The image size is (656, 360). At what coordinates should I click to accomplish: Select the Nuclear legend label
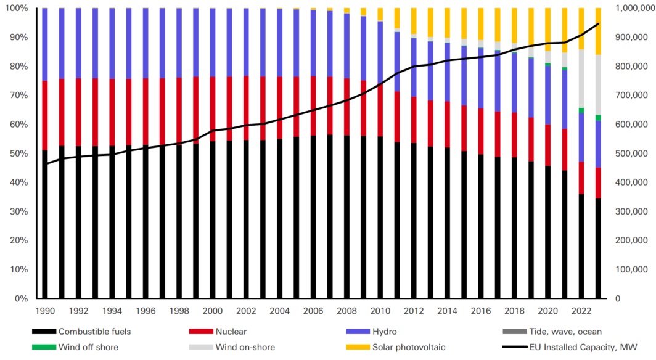pyautogui.click(x=231, y=332)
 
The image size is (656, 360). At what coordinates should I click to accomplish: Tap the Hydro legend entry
pyautogui.click(x=385, y=332)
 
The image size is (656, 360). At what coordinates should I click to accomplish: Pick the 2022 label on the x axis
pyautogui.click(x=581, y=311)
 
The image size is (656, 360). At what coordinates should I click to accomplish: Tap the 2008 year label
pyautogui.click(x=346, y=311)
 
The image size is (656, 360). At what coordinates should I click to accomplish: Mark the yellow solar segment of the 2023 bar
pyautogui.click(x=598, y=31)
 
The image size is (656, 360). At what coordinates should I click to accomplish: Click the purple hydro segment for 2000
pyautogui.click(x=213, y=43)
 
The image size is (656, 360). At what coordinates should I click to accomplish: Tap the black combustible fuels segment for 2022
pyautogui.click(x=581, y=247)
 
